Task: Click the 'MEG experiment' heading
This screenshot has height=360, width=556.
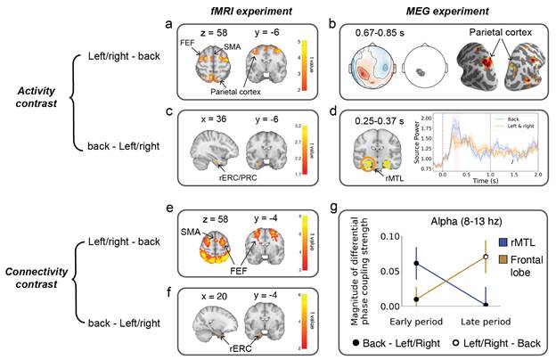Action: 425,10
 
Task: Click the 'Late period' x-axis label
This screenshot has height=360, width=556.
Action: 486,320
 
